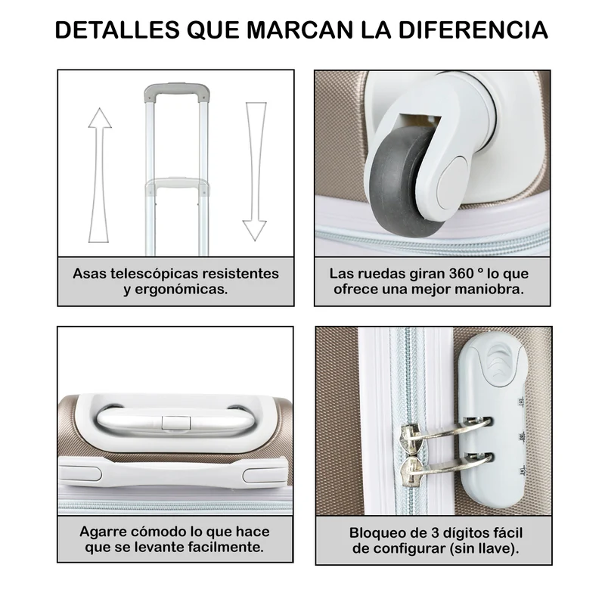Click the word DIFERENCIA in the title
(473, 29)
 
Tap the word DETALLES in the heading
(117, 29)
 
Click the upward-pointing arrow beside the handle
(100, 175)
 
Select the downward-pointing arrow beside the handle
(255, 172)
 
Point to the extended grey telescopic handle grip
(177, 92)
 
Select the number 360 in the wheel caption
(461, 274)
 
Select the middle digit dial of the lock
(523, 437)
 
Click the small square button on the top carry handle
(176, 423)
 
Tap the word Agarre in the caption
(103, 532)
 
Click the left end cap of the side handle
(80, 473)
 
